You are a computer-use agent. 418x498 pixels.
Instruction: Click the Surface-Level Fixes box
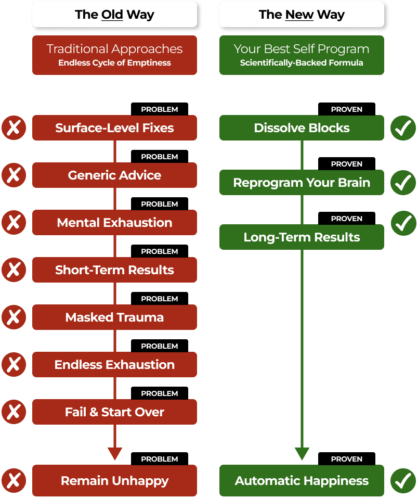114,127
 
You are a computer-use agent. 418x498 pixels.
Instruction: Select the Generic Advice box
114,175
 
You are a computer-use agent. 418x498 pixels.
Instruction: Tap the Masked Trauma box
114,317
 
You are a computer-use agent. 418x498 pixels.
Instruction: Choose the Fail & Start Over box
114,412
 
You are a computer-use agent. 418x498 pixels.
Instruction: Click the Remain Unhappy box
114,480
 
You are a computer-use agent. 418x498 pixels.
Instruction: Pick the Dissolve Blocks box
302,127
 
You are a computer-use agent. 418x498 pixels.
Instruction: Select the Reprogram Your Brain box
302,182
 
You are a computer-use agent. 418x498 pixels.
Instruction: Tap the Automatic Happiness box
302,480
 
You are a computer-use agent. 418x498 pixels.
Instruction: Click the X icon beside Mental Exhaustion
14,222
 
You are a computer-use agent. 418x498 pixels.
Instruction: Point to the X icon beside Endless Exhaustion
14,364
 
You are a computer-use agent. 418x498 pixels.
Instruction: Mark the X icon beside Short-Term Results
14,270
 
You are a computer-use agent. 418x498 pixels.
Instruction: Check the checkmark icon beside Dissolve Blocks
403,127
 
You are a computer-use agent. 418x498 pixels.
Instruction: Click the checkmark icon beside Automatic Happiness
403,480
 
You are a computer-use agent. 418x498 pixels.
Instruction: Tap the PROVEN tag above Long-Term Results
347,219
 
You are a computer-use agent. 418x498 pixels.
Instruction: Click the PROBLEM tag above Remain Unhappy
160,459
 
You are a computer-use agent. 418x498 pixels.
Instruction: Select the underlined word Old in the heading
112,15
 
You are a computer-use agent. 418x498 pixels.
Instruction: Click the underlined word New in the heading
299,15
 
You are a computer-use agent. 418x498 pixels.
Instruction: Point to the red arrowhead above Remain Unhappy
115,454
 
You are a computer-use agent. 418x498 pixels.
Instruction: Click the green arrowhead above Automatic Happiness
302,454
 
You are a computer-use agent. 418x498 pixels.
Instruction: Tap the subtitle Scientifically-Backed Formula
302,62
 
